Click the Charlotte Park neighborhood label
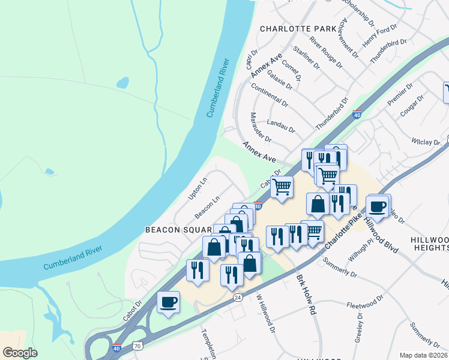coord(298,29)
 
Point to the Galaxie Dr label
coord(280,79)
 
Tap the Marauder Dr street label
coord(261,127)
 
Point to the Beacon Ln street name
coord(208,206)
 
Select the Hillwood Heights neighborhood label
coord(429,243)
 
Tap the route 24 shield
coord(238,297)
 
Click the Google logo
coord(20,352)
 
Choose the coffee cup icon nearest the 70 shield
coord(168,302)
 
